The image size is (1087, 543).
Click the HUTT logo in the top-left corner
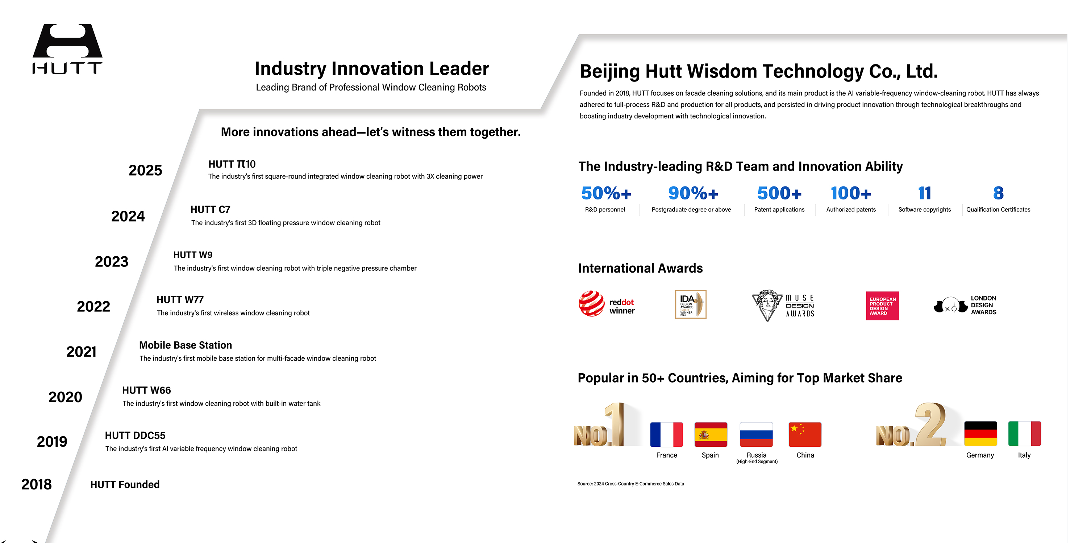67,49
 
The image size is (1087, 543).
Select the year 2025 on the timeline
145,170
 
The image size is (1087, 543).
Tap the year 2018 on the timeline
36,484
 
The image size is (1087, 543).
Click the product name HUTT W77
180,300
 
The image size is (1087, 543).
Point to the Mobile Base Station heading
186,345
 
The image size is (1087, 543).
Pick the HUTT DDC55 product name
135,435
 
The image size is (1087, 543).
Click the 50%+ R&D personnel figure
606,194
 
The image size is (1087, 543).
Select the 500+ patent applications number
779,194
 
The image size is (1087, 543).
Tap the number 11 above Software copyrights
925,194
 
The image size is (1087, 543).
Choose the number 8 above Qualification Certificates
998,194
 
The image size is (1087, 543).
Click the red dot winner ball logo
591,303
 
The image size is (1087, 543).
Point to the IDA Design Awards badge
691,304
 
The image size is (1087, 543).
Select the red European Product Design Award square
882,306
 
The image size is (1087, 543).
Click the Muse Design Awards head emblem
767,305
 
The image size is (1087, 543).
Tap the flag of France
666,435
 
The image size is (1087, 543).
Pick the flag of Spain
711,435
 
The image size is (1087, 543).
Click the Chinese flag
805,435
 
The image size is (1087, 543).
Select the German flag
980,434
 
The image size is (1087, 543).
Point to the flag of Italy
1025,434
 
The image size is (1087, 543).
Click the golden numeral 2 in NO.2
930,425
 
